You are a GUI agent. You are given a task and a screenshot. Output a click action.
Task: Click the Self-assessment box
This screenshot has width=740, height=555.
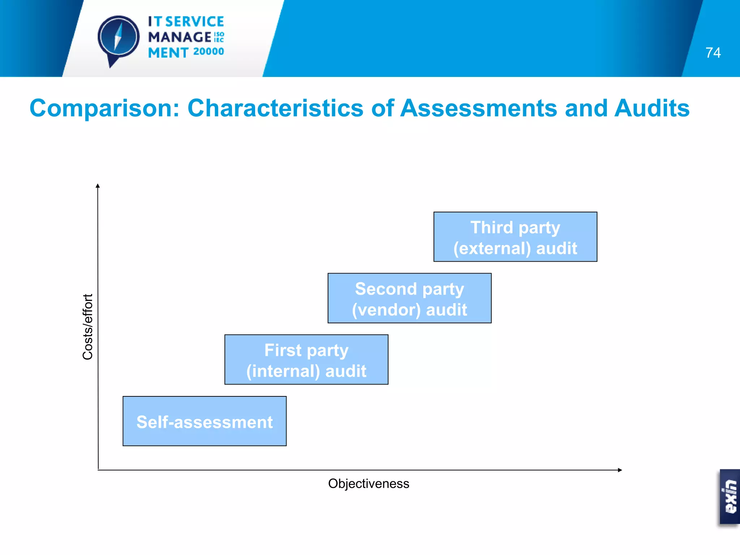(205, 421)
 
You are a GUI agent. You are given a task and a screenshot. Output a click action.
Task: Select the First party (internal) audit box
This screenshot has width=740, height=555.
(306, 360)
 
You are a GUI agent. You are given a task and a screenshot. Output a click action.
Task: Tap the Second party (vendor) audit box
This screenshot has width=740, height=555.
(409, 298)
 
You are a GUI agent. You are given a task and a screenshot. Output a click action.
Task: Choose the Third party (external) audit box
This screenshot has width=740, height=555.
(515, 237)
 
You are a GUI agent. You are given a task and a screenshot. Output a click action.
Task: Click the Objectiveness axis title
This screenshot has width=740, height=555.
(369, 483)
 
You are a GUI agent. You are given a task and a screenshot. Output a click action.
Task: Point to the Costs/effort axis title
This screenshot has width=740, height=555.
(88, 327)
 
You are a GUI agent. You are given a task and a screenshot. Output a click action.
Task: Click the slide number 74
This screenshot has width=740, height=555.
(713, 53)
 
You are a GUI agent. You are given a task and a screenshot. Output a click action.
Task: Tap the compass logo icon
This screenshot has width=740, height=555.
(119, 38)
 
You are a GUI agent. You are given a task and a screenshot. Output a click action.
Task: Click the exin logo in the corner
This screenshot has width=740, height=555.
(730, 496)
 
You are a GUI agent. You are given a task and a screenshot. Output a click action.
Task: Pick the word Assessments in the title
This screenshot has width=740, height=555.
(479, 108)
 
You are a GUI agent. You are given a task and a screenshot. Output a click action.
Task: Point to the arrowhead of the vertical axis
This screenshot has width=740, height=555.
(98, 186)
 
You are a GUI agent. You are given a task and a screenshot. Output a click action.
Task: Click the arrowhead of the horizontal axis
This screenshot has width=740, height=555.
(620, 470)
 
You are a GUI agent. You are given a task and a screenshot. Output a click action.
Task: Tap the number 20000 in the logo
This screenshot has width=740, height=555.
(208, 52)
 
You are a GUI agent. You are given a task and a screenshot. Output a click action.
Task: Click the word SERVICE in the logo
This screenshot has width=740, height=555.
(195, 22)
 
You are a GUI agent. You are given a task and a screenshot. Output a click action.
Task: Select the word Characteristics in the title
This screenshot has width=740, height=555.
(275, 108)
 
